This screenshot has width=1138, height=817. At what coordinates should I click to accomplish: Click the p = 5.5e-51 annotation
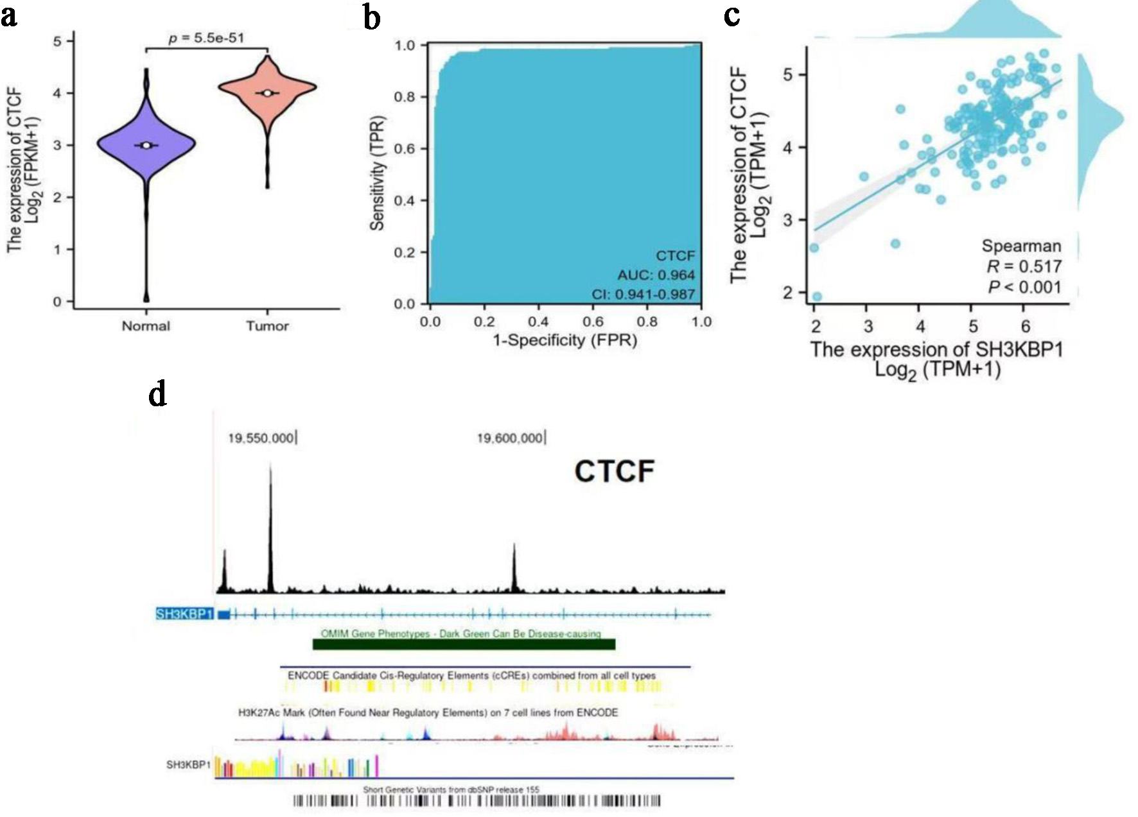coord(206,38)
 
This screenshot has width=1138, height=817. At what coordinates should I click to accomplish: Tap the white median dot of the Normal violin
coord(146,146)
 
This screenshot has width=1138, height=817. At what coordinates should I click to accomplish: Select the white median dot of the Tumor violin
coord(267,93)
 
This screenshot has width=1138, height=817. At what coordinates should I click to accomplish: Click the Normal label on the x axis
coord(146,326)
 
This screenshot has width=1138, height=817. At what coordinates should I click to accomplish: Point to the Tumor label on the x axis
coord(267,326)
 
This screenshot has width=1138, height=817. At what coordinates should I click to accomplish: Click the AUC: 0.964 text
coord(656,275)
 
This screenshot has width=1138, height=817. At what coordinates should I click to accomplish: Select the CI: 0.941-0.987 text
coord(643,295)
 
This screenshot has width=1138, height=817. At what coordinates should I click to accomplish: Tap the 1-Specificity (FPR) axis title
coord(565,340)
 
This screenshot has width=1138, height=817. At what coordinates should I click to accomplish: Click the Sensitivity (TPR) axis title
coord(377,173)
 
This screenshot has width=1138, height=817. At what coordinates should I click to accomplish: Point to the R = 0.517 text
coord(1024,266)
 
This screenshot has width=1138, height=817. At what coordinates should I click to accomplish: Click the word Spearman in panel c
coord(1021,246)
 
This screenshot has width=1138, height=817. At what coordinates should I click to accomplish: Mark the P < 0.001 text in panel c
coord(1024,287)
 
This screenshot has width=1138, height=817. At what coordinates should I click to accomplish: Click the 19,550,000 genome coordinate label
coord(261,438)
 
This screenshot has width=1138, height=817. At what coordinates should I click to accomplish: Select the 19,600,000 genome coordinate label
coord(509,438)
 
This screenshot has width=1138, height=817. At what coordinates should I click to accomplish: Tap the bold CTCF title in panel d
coord(614,472)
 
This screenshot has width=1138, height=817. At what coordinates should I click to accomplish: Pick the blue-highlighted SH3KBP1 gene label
coord(184,614)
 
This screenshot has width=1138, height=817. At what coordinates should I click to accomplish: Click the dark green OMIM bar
coord(464,644)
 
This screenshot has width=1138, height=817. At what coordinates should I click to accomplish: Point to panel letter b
coord(371,17)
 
